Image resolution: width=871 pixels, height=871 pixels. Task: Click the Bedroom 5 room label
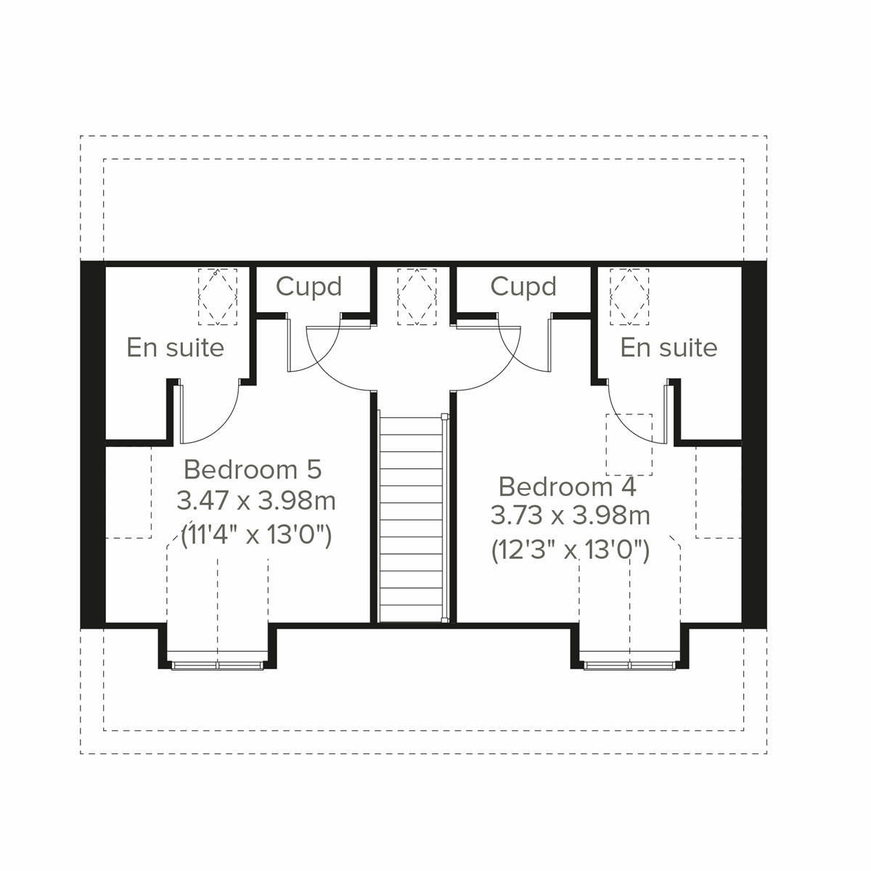(x=252, y=470)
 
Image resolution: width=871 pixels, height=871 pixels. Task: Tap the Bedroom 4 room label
(x=567, y=486)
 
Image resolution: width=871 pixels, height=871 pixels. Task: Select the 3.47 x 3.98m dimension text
(x=256, y=501)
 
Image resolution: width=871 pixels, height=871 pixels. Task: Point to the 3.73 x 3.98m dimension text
(x=570, y=516)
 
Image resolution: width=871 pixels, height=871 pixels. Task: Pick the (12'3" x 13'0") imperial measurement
(x=570, y=550)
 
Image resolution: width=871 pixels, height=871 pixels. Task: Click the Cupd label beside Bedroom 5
(x=308, y=287)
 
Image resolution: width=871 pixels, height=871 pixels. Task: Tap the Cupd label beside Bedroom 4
(x=523, y=287)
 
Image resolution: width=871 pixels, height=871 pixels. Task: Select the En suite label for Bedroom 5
(x=175, y=348)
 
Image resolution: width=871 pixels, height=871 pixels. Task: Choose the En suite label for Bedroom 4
(x=668, y=348)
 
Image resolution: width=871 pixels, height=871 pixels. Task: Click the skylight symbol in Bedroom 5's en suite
(x=218, y=296)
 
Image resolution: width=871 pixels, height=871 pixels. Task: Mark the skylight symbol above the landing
(x=417, y=296)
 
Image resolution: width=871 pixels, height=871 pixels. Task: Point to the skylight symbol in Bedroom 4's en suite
(x=629, y=296)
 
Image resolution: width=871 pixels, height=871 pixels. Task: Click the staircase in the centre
(x=412, y=515)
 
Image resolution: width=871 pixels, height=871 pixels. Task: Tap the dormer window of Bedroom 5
(x=218, y=663)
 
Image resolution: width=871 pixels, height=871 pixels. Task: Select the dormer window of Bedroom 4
(x=630, y=663)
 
